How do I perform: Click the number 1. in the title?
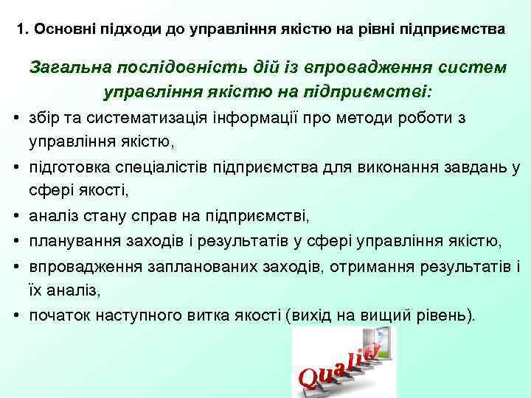[x=21, y=31]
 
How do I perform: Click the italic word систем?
[x=469, y=68]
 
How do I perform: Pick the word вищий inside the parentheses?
[x=377, y=315]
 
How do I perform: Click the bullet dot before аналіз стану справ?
[x=15, y=217]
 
